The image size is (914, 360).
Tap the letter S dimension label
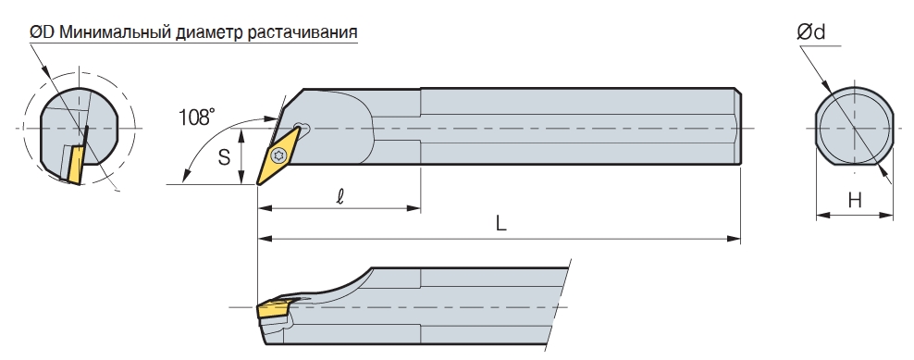coord(225,157)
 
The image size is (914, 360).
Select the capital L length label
coord(500,223)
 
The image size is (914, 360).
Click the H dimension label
coord(855,201)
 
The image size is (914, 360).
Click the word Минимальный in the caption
coord(115,32)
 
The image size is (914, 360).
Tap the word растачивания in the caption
coord(303,32)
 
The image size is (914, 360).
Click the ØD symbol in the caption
coord(42,32)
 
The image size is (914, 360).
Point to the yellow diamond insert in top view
coord(278,155)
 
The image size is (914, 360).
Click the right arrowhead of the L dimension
coord(735,238)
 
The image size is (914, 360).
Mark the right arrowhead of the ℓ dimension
coord(415,207)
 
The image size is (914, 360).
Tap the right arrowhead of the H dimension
coord(888,216)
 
